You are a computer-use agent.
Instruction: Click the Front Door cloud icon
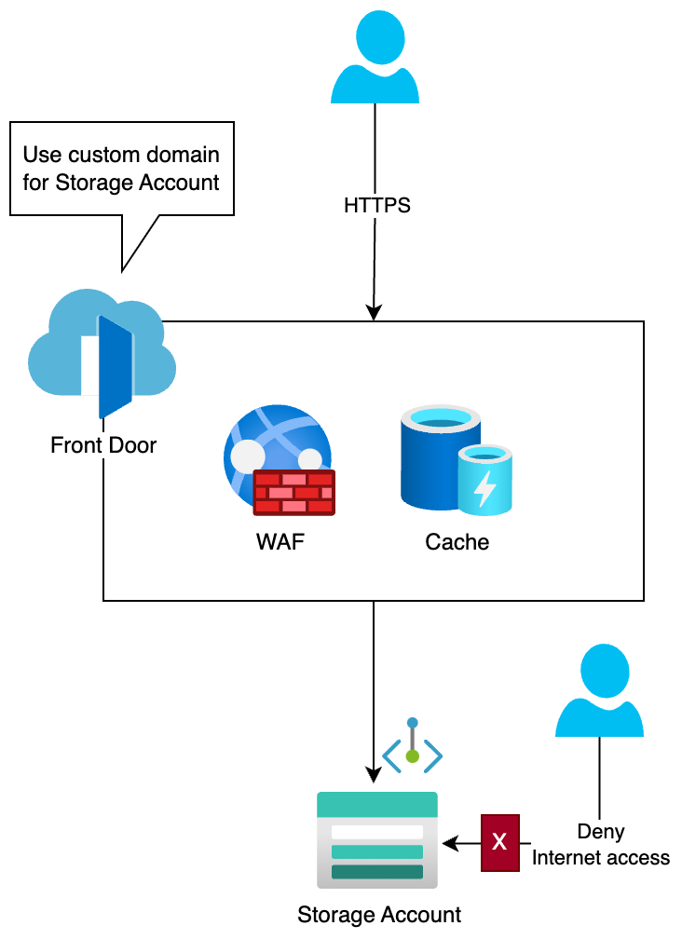coord(102,353)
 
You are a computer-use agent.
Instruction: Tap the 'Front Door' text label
coord(103,445)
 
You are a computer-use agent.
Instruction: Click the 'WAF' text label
coord(280,541)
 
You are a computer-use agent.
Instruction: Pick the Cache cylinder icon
coord(456,459)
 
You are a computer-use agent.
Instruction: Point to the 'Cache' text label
coord(457,541)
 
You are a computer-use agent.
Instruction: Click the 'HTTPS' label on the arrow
coord(376,205)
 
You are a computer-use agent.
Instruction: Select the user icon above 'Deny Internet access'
coord(599,689)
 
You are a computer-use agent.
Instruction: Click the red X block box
coord(499,843)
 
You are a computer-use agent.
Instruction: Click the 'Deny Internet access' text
coord(601,844)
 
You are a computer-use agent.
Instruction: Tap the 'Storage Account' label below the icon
coord(379,915)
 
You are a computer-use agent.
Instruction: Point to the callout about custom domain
coord(121,169)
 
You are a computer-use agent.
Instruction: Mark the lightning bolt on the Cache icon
coord(484,487)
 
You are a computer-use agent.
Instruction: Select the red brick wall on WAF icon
coord(293,492)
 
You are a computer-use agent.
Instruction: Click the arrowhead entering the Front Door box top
coord(374,314)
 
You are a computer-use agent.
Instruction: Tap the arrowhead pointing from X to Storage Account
coord(450,844)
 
